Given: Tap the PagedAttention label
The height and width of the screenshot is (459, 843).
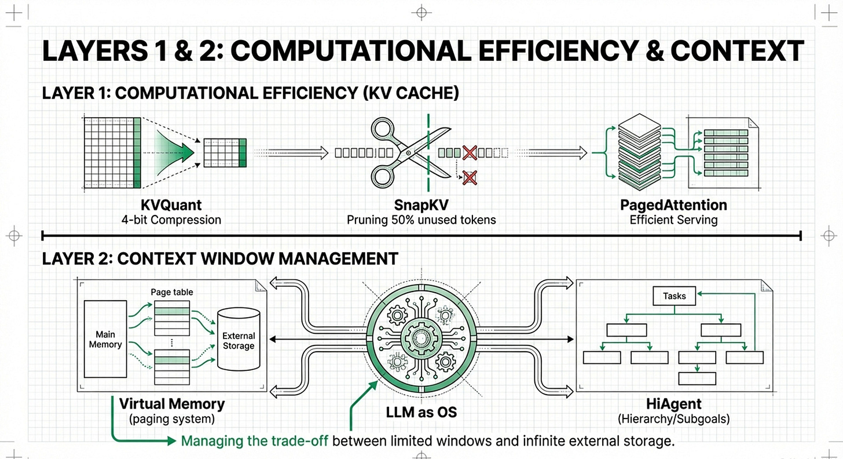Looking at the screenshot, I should [673, 205].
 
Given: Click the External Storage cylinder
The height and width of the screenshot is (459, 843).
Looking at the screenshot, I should [239, 340].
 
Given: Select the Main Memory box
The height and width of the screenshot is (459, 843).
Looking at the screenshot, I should [105, 340].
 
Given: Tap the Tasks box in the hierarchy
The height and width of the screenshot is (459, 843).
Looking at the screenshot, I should [675, 296].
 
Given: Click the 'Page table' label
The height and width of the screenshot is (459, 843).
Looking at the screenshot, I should [172, 292].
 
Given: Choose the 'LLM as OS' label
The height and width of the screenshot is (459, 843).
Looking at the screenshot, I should [422, 413].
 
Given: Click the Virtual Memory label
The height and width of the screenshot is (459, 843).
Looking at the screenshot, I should [171, 403].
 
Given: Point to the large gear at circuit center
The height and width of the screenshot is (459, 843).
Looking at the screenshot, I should [422, 337].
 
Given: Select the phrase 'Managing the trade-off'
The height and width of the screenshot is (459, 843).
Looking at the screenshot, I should [255, 440].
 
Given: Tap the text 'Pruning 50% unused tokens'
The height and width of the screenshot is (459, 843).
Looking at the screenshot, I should [422, 220].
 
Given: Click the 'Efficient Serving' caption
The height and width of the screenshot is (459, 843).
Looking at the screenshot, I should [673, 220].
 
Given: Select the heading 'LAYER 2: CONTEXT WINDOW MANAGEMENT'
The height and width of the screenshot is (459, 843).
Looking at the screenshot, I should [220, 258].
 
